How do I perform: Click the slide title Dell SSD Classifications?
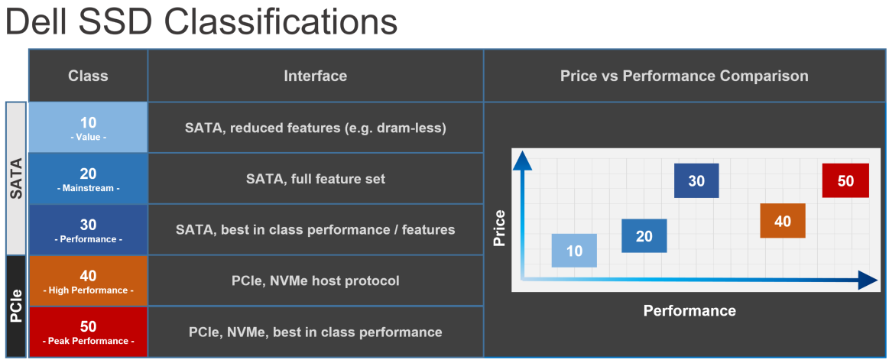click(201, 23)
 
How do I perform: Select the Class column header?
click(88, 76)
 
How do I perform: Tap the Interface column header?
click(315, 76)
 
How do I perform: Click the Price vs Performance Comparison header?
click(684, 76)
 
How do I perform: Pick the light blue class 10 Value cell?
click(88, 128)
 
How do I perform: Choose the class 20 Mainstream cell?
click(88, 179)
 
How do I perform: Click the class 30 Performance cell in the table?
click(88, 230)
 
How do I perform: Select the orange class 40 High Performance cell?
click(88, 281)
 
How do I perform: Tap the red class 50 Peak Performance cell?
click(88, 332)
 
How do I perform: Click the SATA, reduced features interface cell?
click(315, 128)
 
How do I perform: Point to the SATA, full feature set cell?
click(315, 179)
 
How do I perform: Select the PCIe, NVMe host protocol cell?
click(315, 281)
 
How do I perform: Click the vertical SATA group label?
click(16, 179)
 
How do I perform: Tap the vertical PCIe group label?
click(16, 306)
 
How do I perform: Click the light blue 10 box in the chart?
click(574, 251)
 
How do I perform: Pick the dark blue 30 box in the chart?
click(696, 181)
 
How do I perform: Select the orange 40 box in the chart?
click(782, 221)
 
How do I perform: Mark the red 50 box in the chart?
click(845, 181)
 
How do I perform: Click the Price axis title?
click(500, 229)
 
